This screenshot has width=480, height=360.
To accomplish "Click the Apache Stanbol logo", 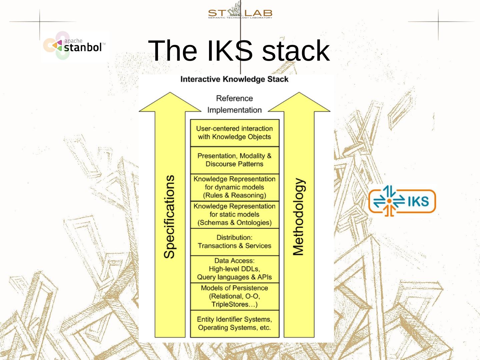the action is tap(75, 46).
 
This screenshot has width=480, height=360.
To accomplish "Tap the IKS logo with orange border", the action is tap(402, 201).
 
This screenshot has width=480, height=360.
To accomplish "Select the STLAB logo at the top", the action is tap(240, 13).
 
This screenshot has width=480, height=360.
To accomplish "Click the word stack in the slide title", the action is tap(296, 51).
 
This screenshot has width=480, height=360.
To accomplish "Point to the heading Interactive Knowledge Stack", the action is tap(234, 79).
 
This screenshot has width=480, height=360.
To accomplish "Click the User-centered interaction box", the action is tap(234, 133).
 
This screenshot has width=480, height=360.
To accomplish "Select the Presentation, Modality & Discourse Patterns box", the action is tap(234, 160).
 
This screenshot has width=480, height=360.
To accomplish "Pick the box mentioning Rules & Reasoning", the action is tap(234, 187).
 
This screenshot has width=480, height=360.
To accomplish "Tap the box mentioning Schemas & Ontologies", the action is tap(234, 215).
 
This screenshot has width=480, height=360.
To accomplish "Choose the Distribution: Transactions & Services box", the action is tap(234, 242).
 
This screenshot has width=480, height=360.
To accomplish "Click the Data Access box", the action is tap(234, 269).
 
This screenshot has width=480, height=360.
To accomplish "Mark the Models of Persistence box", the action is tap(234, 296).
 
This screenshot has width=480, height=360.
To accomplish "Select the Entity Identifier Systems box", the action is tap(234, 324).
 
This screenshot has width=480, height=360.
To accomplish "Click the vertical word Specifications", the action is tap(170, 217).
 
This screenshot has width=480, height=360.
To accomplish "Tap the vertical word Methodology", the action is tap(299, 217).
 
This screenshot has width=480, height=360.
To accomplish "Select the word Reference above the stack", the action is tap(234, 98).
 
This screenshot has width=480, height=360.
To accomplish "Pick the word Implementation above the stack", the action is tap(234, 110).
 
